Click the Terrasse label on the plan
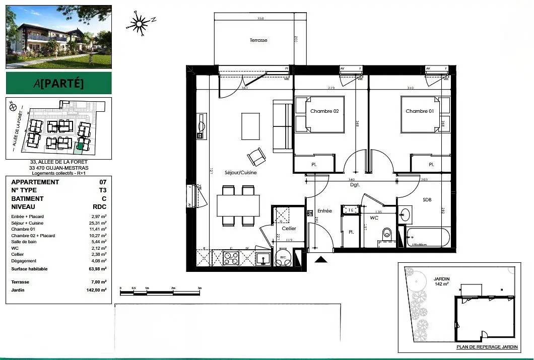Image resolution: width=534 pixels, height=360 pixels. tap(258, 40)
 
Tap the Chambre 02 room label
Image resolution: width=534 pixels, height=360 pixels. tap(324, 111)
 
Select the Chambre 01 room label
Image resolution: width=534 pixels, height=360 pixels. tap(420, 111)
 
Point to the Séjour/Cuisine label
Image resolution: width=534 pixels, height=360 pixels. tap(241, 173)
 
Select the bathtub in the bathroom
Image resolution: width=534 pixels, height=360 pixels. tap(428, 238)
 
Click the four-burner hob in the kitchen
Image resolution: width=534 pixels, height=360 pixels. tap(231, 258)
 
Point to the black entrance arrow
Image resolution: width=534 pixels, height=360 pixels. tap(320, 259)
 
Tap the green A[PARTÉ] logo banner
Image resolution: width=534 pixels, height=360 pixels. tap(59, 83)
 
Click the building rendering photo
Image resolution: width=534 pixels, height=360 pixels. tap(59, 37)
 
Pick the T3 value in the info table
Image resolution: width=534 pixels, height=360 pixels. tap(103, 190)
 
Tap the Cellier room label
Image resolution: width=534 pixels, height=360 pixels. tap(289, 229)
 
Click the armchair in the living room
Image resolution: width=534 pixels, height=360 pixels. tap(257, 158)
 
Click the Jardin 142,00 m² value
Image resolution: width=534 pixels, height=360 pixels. tap(96, 291)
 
